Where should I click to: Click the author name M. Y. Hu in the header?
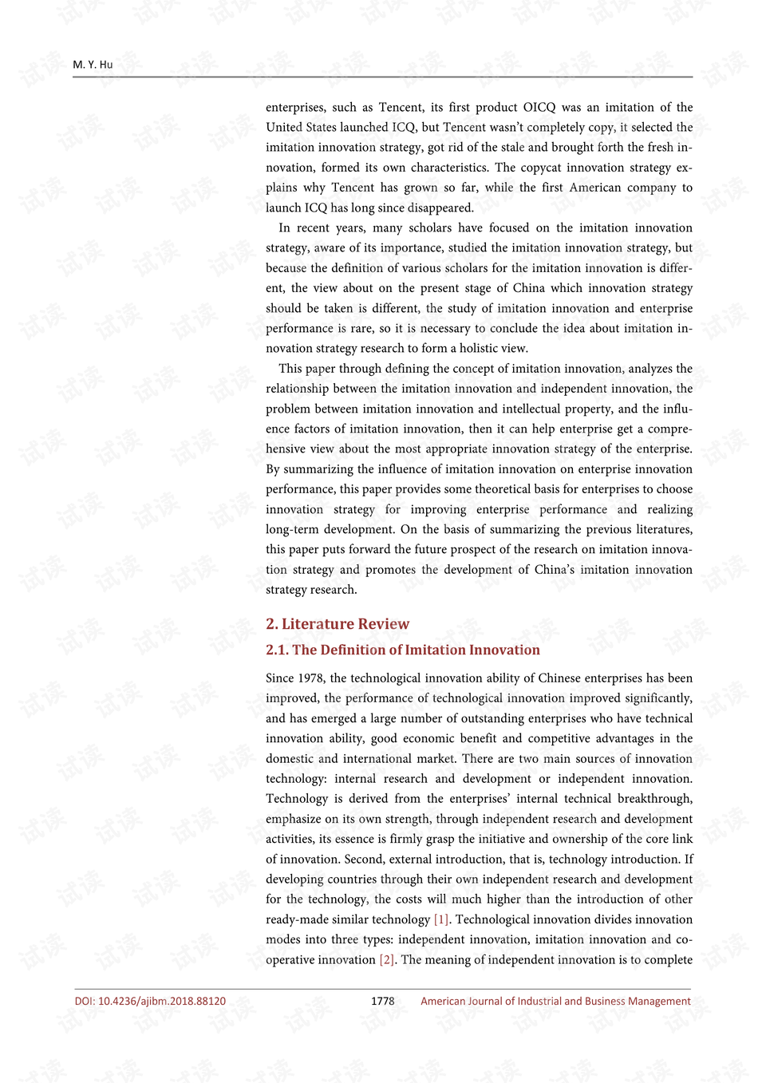(93, 65)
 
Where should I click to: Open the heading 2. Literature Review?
(338, 624)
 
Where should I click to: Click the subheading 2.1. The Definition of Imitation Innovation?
(403, 650)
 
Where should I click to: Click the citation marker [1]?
(441, 919)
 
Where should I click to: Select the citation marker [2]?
(387, 959)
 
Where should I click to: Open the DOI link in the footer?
(150, 1001)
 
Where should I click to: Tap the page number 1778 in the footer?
(383, 1001)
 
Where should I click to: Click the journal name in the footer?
(555, 1001)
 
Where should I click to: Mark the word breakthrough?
(653, 799)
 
